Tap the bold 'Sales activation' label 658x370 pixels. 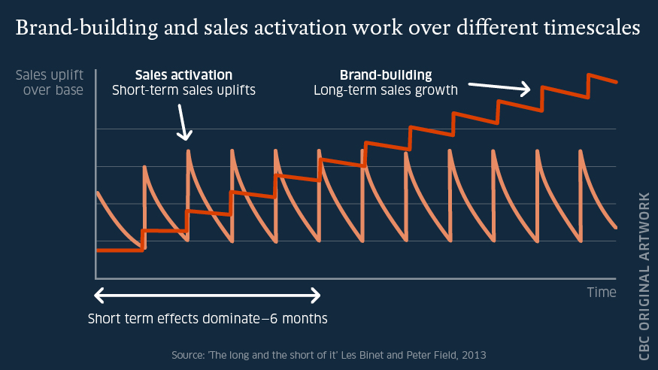pyautogui.click(x=183, y=75)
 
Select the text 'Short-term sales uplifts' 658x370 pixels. pyautogui.click(x=183, y=91)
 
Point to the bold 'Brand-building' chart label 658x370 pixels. pyautogui.click(x=386, y=75)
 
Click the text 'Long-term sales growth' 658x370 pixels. pyautogui.click(x=386, y=91)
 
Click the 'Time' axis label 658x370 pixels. pyautogui.click(x=602, y=292)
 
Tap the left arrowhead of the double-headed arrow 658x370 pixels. pyautogui.click(x=98, y=293)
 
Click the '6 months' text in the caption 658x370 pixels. pyautogui.click(x=299, y=317)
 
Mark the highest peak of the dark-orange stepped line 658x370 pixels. pyautogui.click(x=590, y=74)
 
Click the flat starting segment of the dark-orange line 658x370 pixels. pyautogui.click(x=119, y=249)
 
